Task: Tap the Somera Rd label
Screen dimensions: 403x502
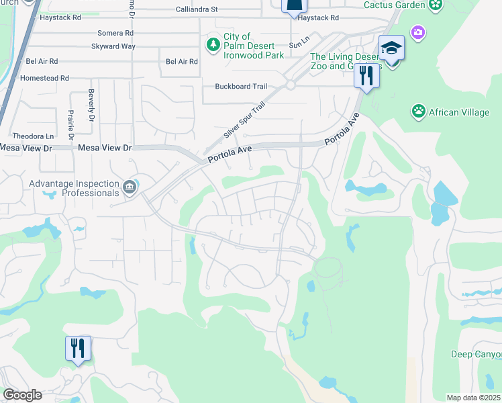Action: tap(115, 33)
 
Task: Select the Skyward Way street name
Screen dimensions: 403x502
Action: tap(113, 46)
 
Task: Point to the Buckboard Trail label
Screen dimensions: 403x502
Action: tap(241, 86)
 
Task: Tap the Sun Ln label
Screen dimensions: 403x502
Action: tap(297, 45)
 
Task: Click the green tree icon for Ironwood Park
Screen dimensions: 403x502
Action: tap(213, 44)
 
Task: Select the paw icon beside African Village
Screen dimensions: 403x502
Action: tap(419, 111)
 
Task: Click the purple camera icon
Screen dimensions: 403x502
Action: tap(418, 32)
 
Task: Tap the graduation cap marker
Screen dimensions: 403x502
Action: tap(391, 49)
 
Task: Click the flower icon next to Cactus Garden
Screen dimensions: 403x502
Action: tap(436, 5)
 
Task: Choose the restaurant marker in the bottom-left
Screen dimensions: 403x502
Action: tap(78, 348)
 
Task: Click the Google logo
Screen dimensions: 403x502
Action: tap(22, 395)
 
